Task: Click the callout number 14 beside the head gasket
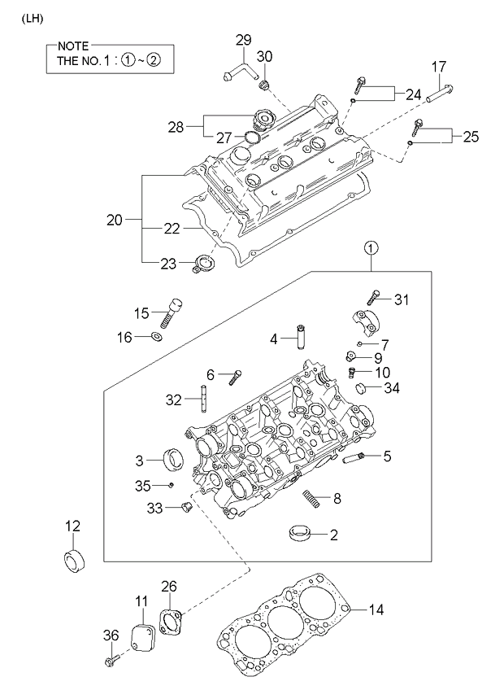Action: [376, 609]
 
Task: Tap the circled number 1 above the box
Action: [370, 247]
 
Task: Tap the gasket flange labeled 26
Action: [172, 625]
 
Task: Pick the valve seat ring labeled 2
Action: [301, 534]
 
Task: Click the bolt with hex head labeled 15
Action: [174, 309]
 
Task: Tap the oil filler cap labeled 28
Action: [263, 122]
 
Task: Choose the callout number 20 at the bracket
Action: [114, 220]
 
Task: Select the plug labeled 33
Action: [184, 509]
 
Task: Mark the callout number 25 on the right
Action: [470, 138]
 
